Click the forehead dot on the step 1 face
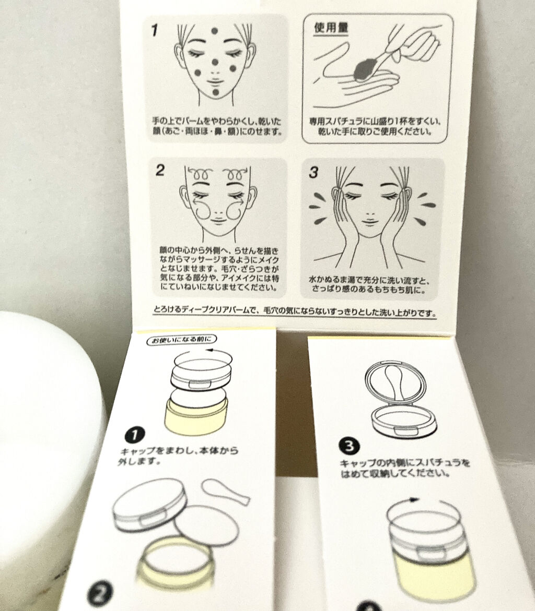214,31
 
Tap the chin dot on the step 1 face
216,92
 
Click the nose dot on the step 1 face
215,62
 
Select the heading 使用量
331,28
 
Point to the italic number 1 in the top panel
155,30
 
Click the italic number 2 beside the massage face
160,171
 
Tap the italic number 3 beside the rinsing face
313,173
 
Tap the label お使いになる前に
182,340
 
